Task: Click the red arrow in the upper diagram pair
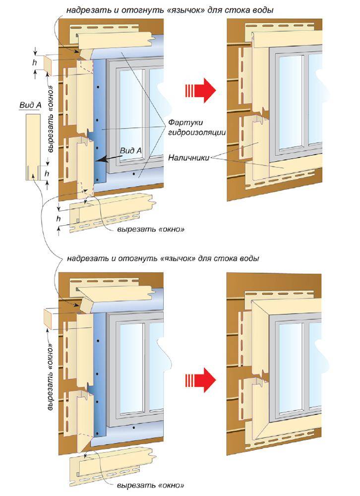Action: pyautogui.click(x=200, y=90)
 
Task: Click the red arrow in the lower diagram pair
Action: pyautogui.click(x=200, y=380)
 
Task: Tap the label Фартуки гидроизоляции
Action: pyautogui.click(x=197, y=127)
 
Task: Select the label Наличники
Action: pyautogui.click(x=188, y=157)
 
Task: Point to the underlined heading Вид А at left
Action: pyautogui.click(x=30, y=105)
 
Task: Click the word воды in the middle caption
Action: pyautogui.click(x=249, y=258)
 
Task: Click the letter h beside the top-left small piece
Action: pyautogui.click(x=35, y=62)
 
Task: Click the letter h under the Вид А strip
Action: pyautogui.click(x=47, y=173)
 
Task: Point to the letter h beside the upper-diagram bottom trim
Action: pyautogui.click(x=58, y=219)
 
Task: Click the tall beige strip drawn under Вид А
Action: pyautogui.click(x=33, y=147)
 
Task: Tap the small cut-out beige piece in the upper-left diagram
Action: pyautogui.click(x=48, y=65)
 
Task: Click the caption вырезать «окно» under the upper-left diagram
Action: pyautogui.click(x=151, y=229)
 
